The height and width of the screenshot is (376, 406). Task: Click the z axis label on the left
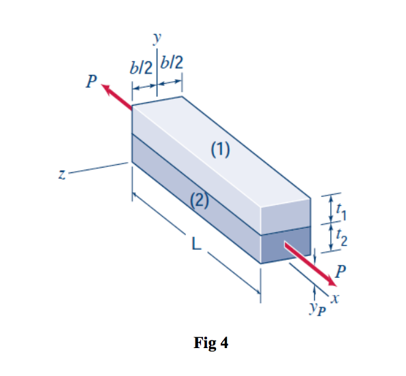click(x=62, y=175)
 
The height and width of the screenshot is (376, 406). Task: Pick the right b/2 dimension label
click(x=172, y=65)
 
